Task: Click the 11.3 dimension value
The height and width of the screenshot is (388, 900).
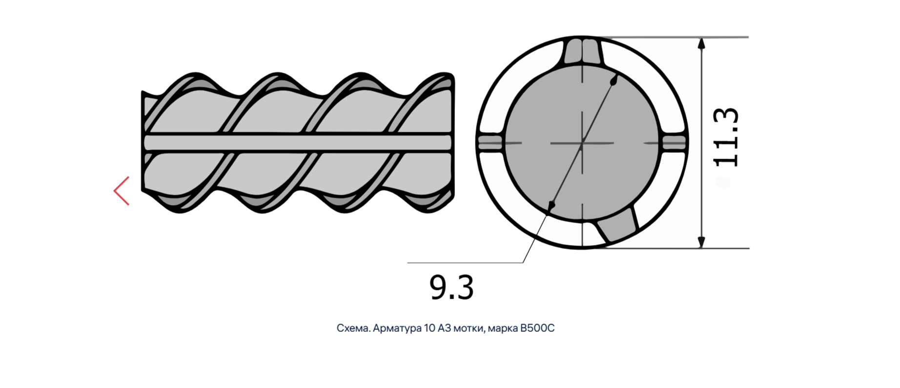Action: (726, 138)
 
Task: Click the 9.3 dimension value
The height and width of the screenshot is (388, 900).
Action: (451, 287)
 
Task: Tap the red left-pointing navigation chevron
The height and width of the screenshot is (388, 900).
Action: (122, 191)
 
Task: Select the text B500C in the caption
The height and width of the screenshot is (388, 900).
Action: (537, 328)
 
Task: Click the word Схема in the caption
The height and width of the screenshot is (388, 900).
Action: (353, 328)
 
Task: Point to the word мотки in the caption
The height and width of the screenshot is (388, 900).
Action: (469, 328)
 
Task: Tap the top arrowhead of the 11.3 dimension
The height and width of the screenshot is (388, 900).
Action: (701, 44)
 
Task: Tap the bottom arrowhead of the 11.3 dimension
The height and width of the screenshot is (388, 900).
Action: (701, 242)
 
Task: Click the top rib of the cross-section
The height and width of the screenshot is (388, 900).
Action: (582, 51)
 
